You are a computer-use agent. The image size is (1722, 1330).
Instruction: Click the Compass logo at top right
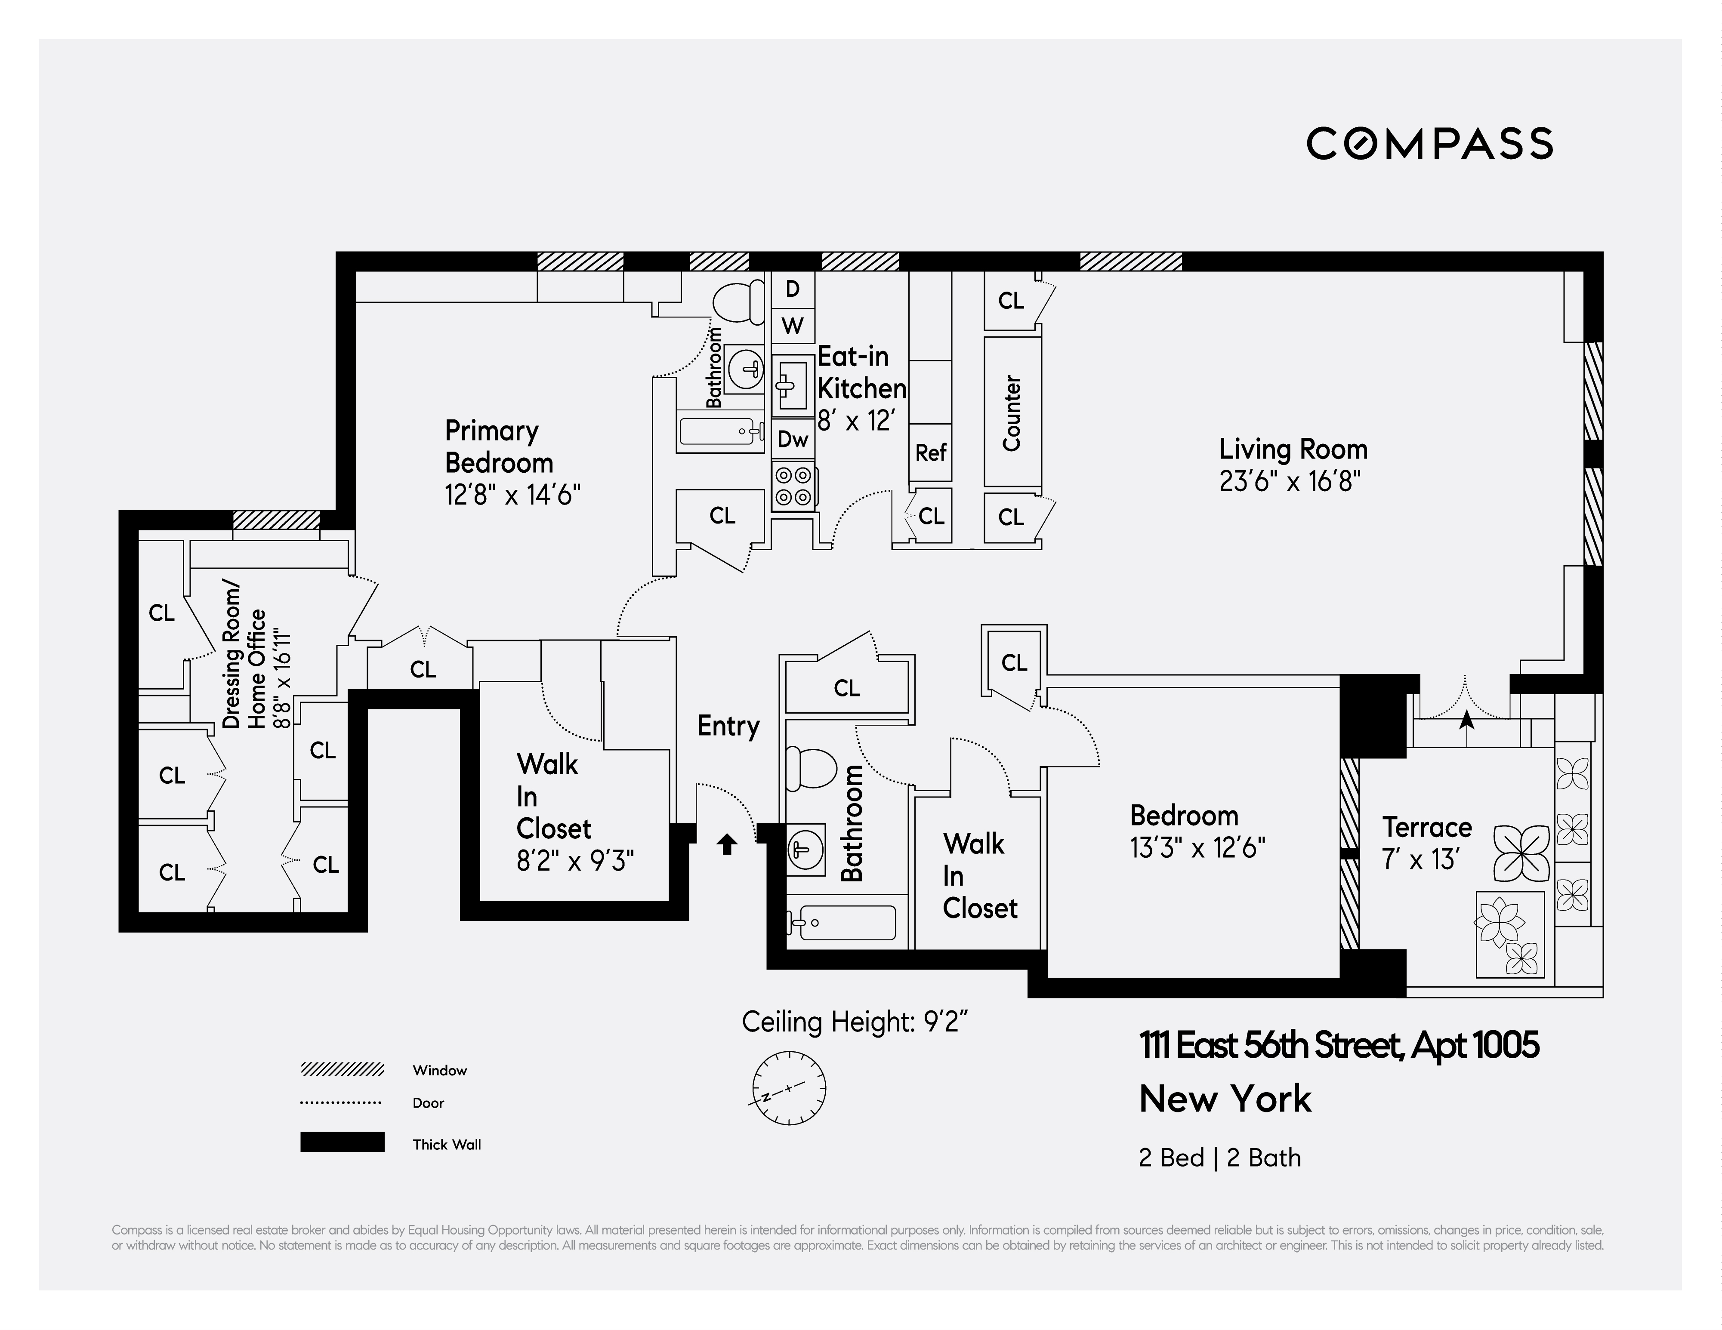pyautogui.click(x=1429, y=144)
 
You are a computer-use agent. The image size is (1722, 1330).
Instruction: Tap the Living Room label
pyautogui.click(x=1293, y=449)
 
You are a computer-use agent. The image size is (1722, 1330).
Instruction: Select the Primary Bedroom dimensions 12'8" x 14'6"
pyautogui.click(x=512, y=495)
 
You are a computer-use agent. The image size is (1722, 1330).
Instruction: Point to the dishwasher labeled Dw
pyautogui.click(x=793, y=439)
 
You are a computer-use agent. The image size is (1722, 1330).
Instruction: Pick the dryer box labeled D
pyautogui.click(x=793, y=289)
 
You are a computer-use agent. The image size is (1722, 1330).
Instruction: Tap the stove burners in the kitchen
pyautogui.click(x=793, y=486)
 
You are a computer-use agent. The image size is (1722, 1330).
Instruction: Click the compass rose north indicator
pyautogui.click(x=788, y=1088)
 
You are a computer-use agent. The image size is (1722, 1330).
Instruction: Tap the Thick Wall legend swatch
pyautogui.click(x=342, y=1142)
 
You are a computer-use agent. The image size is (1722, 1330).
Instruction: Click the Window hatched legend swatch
pyautogui.click(x=342, y=1069)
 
